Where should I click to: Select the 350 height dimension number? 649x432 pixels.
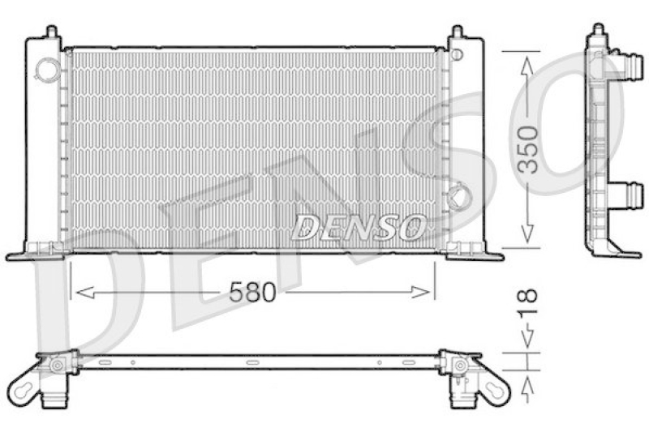528,149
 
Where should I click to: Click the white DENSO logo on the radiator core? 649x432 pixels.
358,228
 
